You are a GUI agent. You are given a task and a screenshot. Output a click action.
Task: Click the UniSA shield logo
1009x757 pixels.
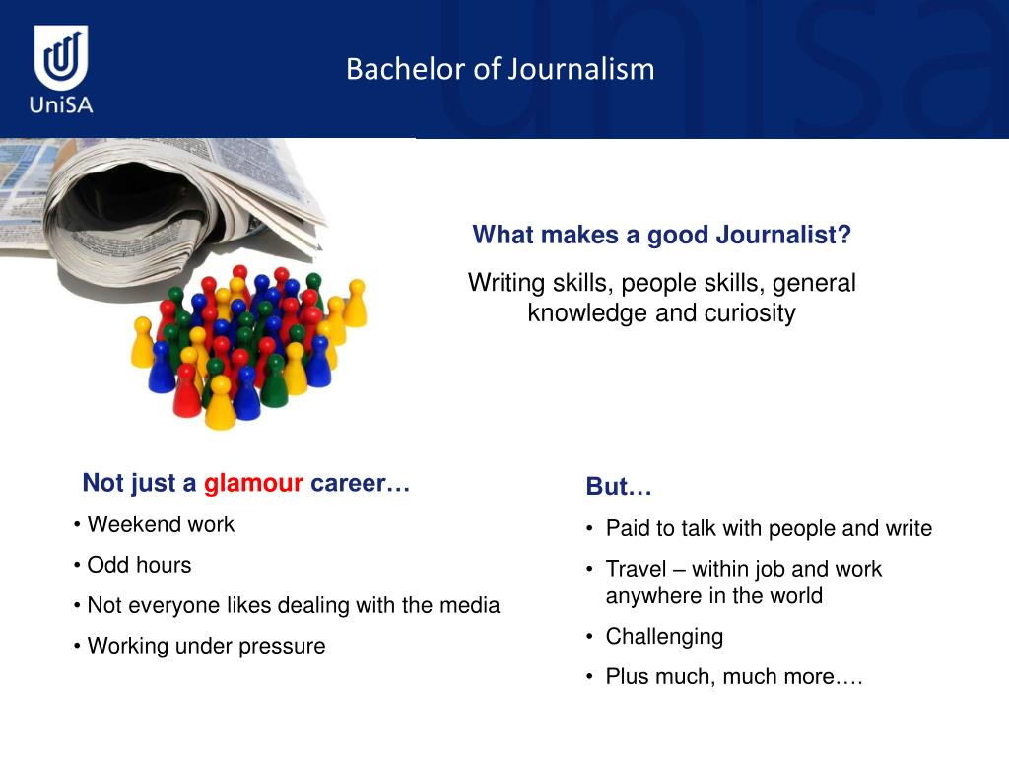tap(61, 57)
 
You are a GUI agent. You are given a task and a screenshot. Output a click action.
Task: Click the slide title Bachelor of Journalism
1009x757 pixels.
tap(500, 69)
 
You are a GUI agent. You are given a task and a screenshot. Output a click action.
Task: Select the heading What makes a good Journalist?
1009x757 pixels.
tap(661, 236)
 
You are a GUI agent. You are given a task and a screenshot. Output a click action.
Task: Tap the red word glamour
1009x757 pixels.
tap(253, 483)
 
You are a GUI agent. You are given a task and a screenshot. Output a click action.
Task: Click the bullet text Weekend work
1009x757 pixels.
tap(161, 524)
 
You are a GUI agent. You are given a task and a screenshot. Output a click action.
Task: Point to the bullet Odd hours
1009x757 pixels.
tap(139, 565)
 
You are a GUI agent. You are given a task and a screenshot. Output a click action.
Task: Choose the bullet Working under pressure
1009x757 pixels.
tap(206, 646)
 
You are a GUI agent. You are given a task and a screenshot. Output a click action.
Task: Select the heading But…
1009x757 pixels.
tap(619, 487)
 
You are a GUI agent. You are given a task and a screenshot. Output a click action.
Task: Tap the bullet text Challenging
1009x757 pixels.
tap(664, 636)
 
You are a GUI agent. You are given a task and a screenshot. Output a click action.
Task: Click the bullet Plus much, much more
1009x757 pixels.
tap(734, 677)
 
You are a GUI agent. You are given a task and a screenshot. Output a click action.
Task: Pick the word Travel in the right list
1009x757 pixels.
tap(636, 569)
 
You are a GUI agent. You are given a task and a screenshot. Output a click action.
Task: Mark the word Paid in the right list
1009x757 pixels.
tap(627, 528)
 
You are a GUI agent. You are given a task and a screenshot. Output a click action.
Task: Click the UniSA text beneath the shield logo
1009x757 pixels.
tap(61, 103)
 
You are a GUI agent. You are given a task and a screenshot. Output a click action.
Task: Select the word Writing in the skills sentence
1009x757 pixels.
tap(505, 283)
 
